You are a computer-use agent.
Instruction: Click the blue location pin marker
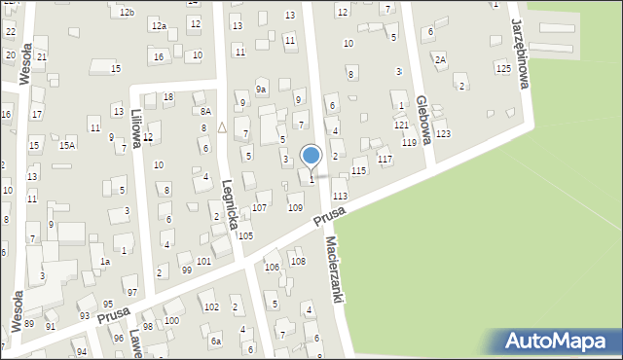click(x=311, y=156)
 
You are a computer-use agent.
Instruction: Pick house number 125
click(x=502, y=68)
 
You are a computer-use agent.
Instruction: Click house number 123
click(x=443, y=133)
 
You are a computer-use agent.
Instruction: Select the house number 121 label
click(x=401, y=126)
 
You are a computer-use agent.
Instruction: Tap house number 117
click(x=385, y=159)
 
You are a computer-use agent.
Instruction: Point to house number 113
click(x=340, y=196)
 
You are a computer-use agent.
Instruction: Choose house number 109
click(x=295, y=207)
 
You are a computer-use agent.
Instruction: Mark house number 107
click(x=260, y=207)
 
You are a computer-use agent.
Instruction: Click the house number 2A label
click(x=440, y=60)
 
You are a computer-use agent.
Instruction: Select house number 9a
click(x=261, y=90)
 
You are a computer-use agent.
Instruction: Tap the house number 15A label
click(x=66, y=145)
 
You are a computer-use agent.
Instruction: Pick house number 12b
click(x=127, y=12)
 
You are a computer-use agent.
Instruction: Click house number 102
click(x=210, y=306)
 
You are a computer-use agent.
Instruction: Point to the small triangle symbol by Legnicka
click(x=222, y=126)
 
